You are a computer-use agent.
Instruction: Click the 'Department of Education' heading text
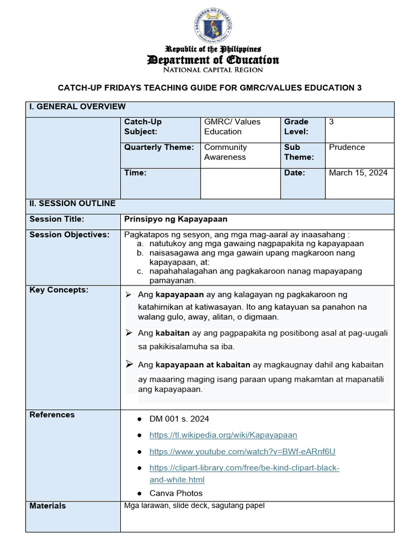(213, 60)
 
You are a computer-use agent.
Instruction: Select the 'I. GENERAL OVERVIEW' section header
(78, 107)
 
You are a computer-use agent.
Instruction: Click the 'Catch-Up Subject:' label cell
(143, 126)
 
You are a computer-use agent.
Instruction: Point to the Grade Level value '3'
(331, 122)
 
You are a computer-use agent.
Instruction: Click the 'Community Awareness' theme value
(225, 152)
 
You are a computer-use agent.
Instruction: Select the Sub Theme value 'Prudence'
(347, 147)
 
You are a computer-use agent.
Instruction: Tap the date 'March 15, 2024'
(358, 173)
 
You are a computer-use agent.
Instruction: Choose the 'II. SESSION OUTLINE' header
(72, 203)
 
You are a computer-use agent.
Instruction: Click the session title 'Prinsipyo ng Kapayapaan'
(176, 219)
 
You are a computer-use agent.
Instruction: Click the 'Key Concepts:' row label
(59, 290)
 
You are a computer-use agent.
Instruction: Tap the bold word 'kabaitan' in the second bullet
(172, 333)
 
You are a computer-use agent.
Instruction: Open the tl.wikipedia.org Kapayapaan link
(223, 435)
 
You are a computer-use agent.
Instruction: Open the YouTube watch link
(242, 452)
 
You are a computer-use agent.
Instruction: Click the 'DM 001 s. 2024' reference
(179, 419)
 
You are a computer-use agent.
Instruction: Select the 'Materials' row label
(48, 506)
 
